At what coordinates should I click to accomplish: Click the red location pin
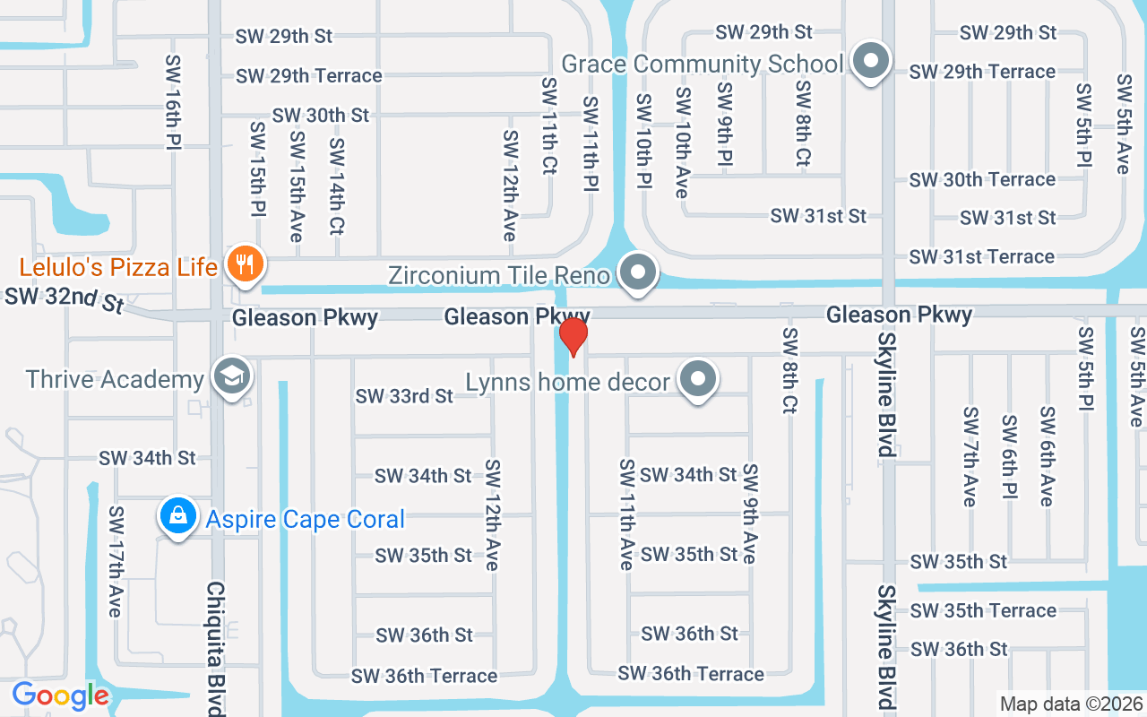pyautogui.click(x=573, y=336)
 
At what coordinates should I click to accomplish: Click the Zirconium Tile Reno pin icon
pyautogui.click(x=638, y=272)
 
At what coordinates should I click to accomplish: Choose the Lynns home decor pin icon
pyautogui.click(x=698, y=381)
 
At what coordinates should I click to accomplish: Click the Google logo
pyautogui.click(x=60, y=695)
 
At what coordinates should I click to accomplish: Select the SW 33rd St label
pyautogui.click(x=404, y=396)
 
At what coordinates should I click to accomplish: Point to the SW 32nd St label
pyautogui.click(x=64, y=300)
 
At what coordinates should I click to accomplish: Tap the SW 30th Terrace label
pyautogui.click(x=982, y=179)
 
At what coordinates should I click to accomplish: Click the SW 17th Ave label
pyautogui.click(x=116, y=562)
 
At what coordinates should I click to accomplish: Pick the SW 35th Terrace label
pyautogui.click(x=983, y=610)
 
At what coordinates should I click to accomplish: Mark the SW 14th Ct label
pyautogui.click(x=337, y=186)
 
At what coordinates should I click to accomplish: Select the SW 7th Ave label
pyautogui.click(x=970, y=456)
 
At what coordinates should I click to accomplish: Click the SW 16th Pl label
pyautogui.click(x=174, y=101)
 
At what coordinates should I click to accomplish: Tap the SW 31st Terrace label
pyautogui.click(x=981, y=257)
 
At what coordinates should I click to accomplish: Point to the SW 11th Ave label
pyautogui.click(x=626, y=514)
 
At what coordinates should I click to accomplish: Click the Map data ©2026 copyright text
pyautogui.click(x=1071, y=704)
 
